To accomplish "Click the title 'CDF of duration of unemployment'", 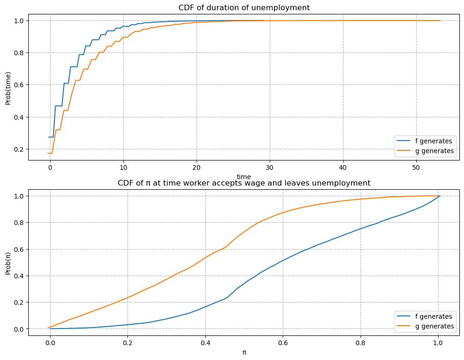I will coord(244,7).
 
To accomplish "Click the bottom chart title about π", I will coord(244,183).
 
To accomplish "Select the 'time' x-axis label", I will coord(244,177).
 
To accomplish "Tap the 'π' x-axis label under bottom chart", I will coord(244,352).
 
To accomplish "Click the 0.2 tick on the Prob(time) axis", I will coord(19,149).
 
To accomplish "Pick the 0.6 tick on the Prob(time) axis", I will coord(19,85).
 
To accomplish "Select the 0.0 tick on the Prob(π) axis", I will coord(19,329).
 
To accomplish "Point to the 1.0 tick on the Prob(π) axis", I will coord(19,196).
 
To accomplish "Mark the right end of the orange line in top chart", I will coord(440,20).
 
